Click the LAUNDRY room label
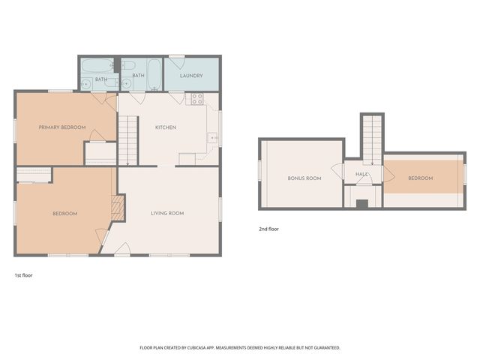point(192,76)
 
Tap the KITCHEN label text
point(166,127)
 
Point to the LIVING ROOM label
point(166,214)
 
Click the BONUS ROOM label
point(304,178)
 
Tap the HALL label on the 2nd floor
point(362,174)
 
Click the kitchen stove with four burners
point(197,98)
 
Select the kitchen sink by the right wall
point(213,138)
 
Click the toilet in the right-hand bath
point(127,66)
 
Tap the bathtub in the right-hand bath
point(153,73)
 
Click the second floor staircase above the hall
point(371,138)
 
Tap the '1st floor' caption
point(23,275)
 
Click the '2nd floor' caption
point(268,229)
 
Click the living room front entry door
point(122,250)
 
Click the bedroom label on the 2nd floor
point(420,178)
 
